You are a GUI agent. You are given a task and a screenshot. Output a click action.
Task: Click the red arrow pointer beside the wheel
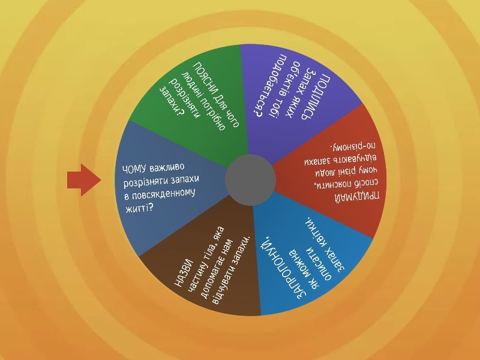(83, 179)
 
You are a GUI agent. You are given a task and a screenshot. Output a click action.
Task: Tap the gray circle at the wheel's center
(250, 180)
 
